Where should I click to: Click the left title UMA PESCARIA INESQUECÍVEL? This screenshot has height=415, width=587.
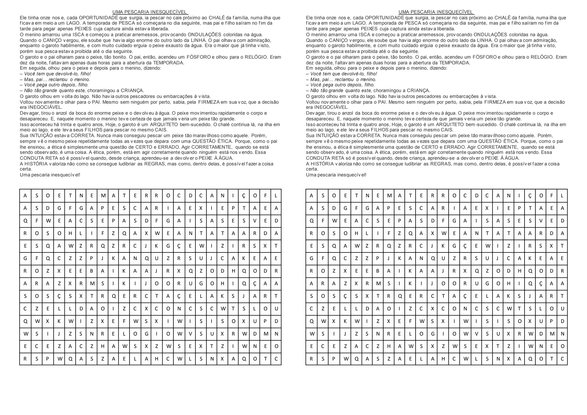[x=150, y=12]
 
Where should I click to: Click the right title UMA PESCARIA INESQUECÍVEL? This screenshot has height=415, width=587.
[x=436, y=12]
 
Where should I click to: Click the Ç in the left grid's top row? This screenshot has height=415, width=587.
[x=244, y=196]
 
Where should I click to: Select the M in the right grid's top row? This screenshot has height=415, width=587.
[x=389, y=196]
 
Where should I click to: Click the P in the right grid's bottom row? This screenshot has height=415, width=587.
[x=334, y=359]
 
